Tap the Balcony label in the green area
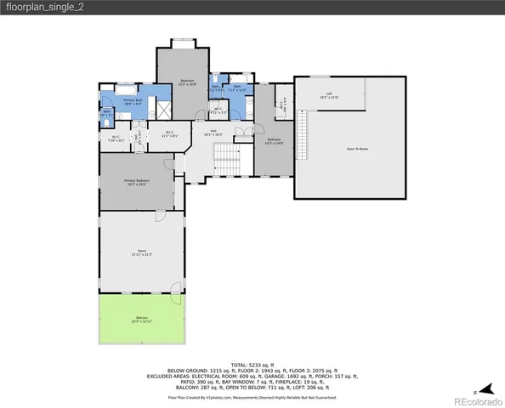click(x=141, y=320)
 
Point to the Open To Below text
click(x=357, y=149)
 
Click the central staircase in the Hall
click(x=225, y=156)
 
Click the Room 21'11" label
click(x=141, y=252)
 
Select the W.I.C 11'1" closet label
click(x=169, y=134)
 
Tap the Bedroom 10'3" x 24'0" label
click(x=274, y=141)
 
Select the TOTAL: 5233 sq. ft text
click(x=252, y=364)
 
